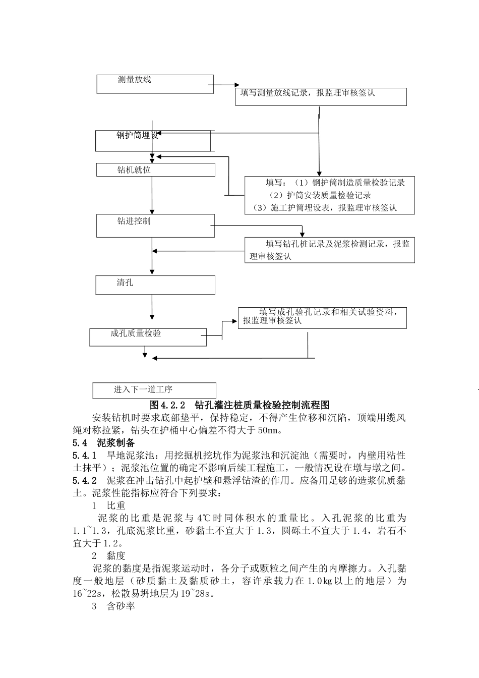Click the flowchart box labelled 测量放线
[155, 84]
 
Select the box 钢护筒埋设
[153, 141]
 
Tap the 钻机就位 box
[155, 169]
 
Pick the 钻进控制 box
[155, 225]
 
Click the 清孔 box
[155, 285]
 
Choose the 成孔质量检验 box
[148, 337]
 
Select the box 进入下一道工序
[154, 390]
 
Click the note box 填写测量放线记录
[321, 97]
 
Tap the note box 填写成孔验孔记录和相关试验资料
[322, 318]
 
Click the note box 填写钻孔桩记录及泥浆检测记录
[330, 250]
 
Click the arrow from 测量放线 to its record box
[224, 85]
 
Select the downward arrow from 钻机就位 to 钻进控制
[152, 195]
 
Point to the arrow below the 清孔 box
[152, 308]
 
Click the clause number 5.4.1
[84, 456]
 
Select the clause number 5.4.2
[84, 480]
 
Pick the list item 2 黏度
[108, 556]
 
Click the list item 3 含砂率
[113, 606]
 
